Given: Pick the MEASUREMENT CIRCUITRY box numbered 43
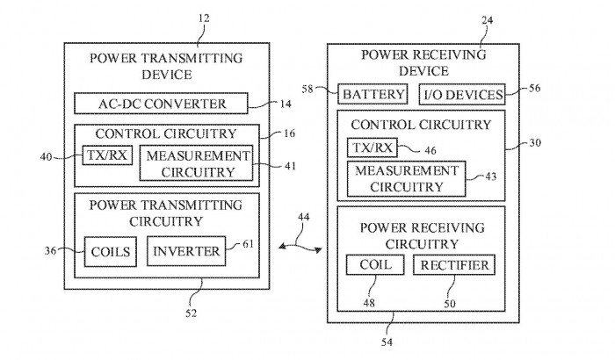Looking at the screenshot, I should coord(405,178).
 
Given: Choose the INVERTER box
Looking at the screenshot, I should coord(186,252).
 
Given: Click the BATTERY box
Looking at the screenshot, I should coord(374,94).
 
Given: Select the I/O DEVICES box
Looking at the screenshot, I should coord(463,94).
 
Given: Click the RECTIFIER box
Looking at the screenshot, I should coord(452,264).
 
